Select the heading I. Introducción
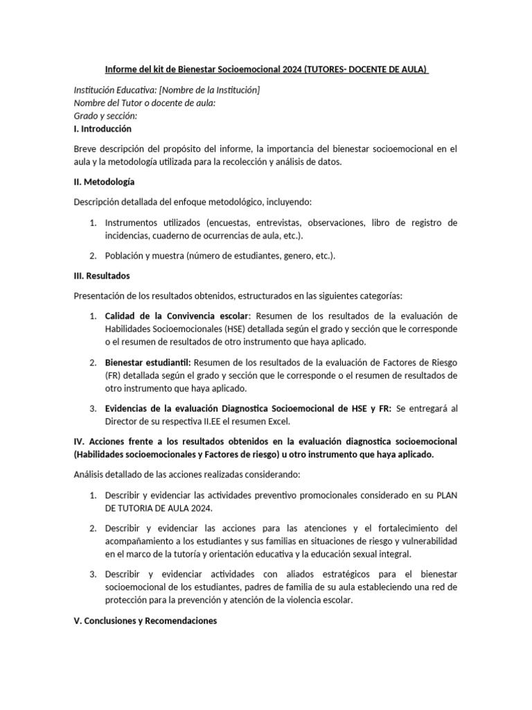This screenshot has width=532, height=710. [x=102, y=129]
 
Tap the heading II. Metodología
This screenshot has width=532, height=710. [x=104, y=182]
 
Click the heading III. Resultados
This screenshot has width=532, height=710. [x=101, y=275]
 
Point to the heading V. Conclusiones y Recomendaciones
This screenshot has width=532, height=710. [x=145, y=621]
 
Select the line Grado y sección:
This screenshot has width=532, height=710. [x=105, y=116]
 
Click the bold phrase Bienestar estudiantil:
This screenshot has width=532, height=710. [x=148, y=363]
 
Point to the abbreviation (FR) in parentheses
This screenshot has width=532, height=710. [x=113, y=376]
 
